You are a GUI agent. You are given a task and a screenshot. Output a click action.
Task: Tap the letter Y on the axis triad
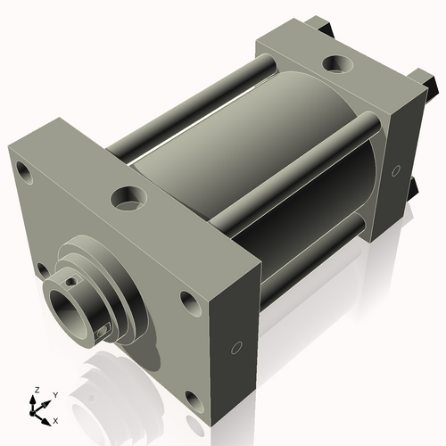(x=54, y=394)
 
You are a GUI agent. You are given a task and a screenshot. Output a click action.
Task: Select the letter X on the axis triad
(x=56, y=419)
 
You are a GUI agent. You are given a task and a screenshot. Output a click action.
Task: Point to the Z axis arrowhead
(x=36, y=399)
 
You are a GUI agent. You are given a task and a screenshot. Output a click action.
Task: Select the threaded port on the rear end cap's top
(x=338, y=63)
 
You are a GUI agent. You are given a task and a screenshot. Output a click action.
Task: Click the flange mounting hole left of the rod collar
(x=40, y=268)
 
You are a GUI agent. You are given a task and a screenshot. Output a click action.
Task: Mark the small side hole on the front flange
(x=237, y=347)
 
